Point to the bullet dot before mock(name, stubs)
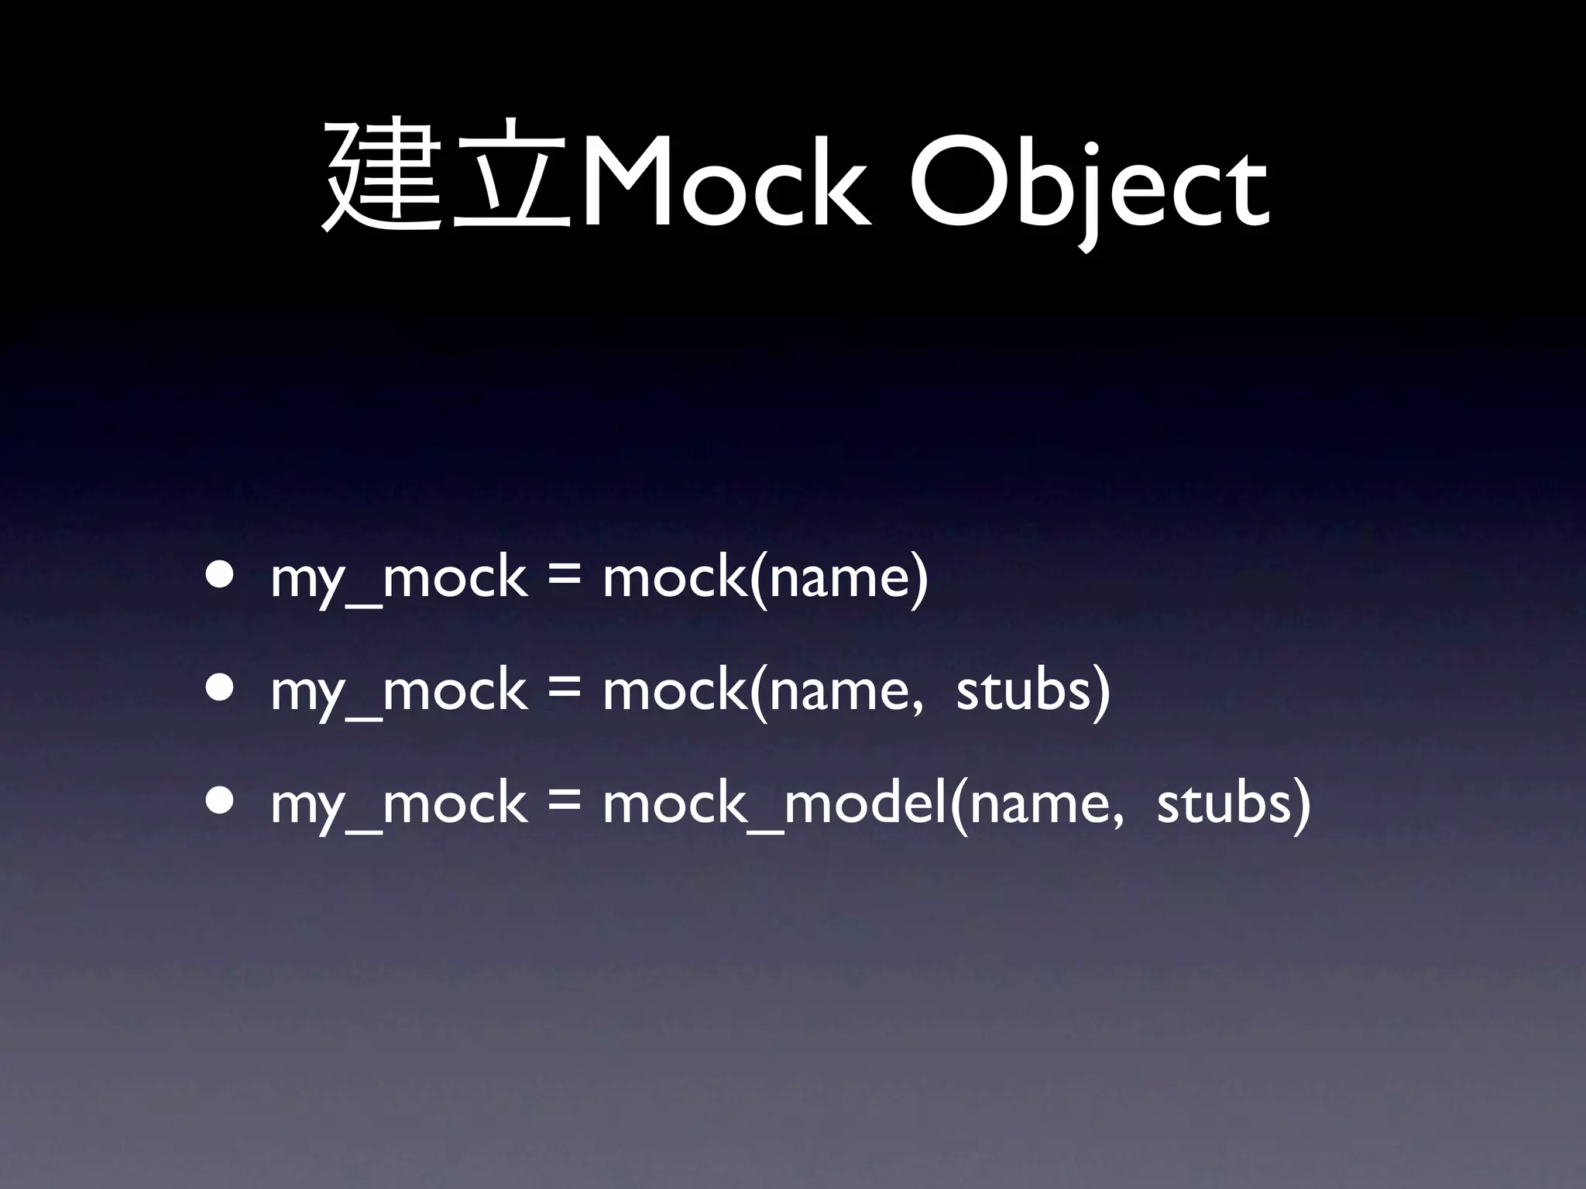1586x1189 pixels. pos(221,689)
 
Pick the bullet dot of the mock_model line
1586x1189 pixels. pos(221,802)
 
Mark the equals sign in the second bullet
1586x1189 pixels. pos(564,690)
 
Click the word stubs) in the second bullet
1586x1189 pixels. pos(1033,691)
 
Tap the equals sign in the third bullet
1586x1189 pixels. pos(564,804)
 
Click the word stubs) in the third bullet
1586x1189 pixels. pos(1234,804)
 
